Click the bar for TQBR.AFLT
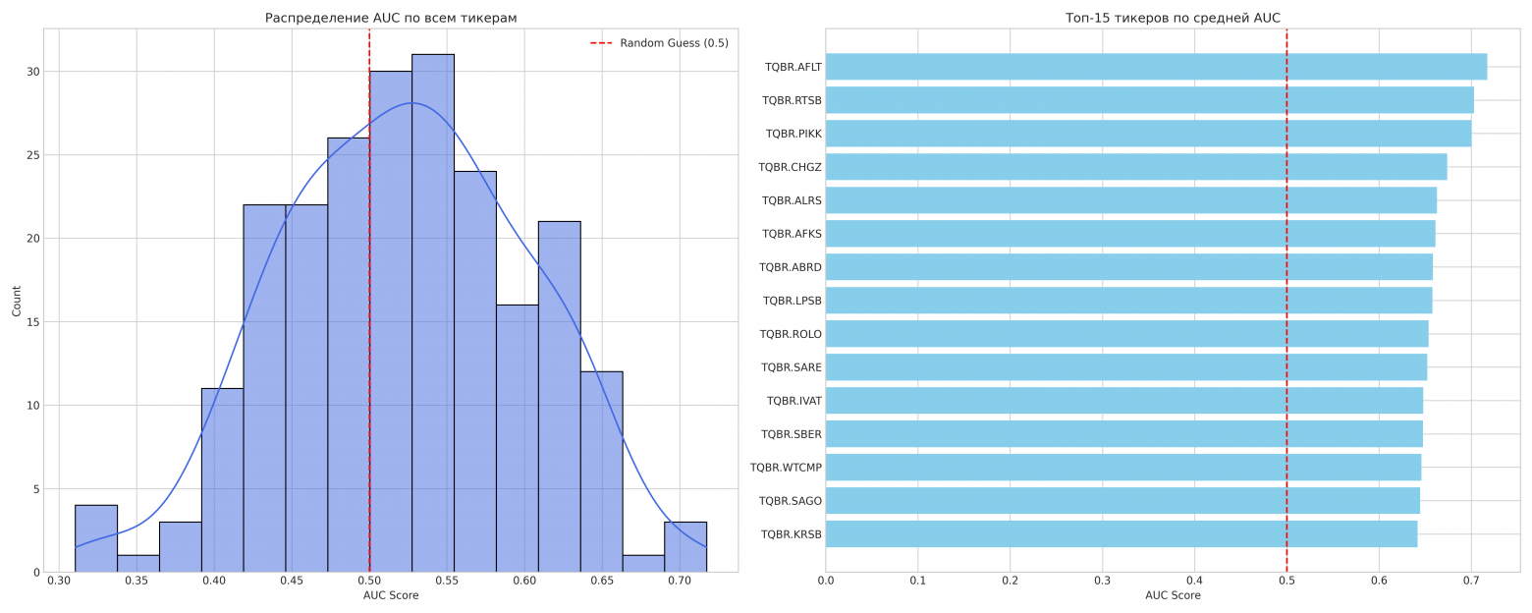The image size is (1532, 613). click(1156, 67)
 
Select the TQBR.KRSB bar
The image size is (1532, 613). click(1121, 534)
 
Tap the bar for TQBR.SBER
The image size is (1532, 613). click(1123, 434)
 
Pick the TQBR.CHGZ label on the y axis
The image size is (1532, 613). click(790, 167)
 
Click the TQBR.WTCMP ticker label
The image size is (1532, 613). click(786, 468)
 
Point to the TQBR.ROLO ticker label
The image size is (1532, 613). click(791, 334)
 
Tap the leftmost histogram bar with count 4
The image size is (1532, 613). click(96, 538)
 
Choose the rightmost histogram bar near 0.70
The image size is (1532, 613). click(685, 547)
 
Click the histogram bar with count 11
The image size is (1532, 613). click(222, 479)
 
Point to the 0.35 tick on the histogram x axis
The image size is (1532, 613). click(137, 582)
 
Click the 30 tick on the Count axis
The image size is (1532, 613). click(33, 72)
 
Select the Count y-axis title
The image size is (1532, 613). click(17, 301)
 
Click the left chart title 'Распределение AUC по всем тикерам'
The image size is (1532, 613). click(391, 18)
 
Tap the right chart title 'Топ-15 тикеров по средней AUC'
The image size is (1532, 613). click(1173, 18)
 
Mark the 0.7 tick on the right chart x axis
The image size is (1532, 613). click(1471, 582)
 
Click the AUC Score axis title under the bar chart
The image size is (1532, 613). click(1173, 595)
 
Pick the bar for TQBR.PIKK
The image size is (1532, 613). click(1148, 134)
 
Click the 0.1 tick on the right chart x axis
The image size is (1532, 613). click(917, 582)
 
